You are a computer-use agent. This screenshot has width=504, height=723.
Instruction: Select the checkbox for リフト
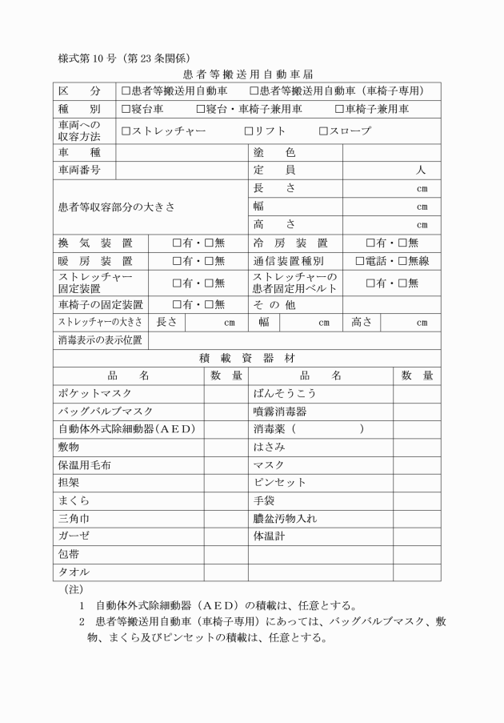(249, 131)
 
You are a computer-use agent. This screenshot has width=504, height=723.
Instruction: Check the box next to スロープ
(323, 131)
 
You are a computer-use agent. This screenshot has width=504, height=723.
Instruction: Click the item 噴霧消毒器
(280, 411)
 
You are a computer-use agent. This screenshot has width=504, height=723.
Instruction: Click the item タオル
(73, 572)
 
